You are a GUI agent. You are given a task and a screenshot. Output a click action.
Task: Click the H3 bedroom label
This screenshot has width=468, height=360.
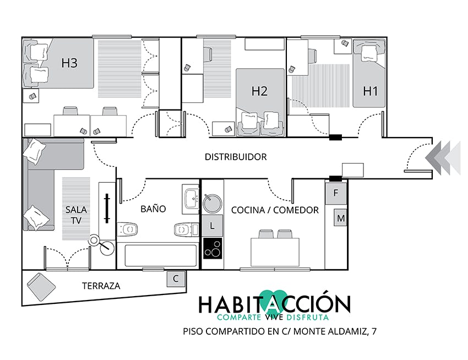[x=69, y=63]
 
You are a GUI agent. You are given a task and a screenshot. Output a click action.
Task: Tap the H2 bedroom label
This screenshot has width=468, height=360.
[x=259, y=91]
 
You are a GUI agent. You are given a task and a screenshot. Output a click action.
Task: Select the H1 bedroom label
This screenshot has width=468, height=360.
[x=371, y=91]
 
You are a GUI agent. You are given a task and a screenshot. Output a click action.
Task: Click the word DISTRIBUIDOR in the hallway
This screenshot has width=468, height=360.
[x=236, y=157]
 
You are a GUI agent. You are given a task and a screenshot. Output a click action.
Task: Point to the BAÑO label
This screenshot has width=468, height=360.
[x=153, y=209]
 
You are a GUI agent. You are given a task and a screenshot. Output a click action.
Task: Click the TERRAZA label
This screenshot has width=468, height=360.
[x=101, y=286]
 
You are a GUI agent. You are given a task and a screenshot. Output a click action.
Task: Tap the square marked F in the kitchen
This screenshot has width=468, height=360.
[x=336, y=193]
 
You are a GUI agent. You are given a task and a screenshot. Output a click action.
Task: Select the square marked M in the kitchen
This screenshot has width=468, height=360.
[x=341, y=218]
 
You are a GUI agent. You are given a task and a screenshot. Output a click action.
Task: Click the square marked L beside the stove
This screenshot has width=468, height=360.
[x=212, y=226]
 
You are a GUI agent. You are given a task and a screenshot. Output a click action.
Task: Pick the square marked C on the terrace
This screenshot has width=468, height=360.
[x=176, y=279]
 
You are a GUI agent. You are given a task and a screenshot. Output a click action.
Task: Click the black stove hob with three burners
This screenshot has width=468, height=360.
[x=213, y=248]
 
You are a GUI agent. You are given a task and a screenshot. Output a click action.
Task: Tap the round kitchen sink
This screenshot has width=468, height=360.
[x=212, y=204]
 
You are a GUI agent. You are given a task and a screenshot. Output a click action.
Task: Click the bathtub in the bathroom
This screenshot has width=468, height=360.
[x=161, y=255]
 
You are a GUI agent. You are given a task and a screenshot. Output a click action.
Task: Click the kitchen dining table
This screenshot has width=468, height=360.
[x=275, y=252]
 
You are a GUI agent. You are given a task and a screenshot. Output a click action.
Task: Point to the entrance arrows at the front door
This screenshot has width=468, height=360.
[x=443, y=157]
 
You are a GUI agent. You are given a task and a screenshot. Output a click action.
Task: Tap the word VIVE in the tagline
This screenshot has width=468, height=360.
[x=274, y=317]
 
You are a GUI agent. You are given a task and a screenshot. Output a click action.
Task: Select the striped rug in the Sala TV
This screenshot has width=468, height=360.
[x=76, y=209]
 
